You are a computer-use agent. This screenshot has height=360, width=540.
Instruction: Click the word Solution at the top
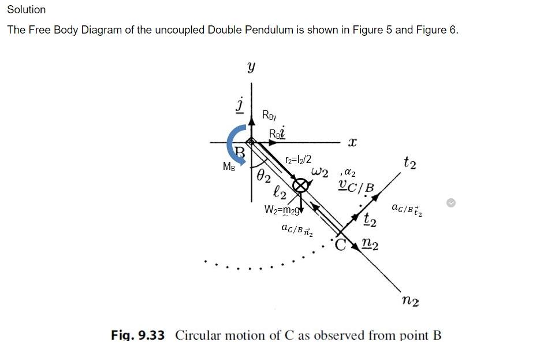click(x=26, y=10)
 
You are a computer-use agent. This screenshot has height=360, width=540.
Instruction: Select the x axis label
click(x=352, y=142)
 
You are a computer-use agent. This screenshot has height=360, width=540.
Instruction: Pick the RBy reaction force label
click(x=269, y=115)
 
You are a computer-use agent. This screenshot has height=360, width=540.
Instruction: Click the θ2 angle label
click(x=263, y=176)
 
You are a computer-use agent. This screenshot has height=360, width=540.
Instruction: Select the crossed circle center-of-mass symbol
click(x=300, y=185)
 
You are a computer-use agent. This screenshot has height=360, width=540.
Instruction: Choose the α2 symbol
click(x=349, y=172)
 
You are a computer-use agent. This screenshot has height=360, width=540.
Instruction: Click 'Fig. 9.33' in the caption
click(x=137, y=336)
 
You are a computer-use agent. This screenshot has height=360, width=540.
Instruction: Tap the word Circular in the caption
click(x=200, y=336)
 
